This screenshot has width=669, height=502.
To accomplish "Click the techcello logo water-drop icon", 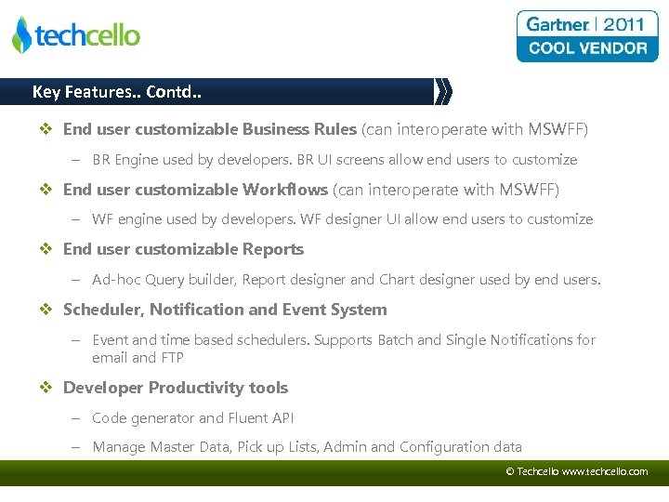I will pos(21,35).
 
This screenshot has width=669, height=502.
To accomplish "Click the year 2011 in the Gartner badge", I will pos(623,24).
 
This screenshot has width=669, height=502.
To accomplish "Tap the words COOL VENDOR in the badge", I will pos(587,48).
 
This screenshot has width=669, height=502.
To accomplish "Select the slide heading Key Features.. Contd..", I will pos(116,91).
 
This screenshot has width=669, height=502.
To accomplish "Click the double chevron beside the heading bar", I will pos(443,91).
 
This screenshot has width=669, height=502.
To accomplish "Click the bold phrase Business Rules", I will pos(299,129).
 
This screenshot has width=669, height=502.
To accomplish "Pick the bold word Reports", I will pos(273,249).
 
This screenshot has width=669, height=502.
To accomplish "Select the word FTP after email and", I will pos(172,358).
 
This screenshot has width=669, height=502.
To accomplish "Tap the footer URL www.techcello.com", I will pos(605,472).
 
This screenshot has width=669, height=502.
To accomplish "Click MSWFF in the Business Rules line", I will pos(556,129).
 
